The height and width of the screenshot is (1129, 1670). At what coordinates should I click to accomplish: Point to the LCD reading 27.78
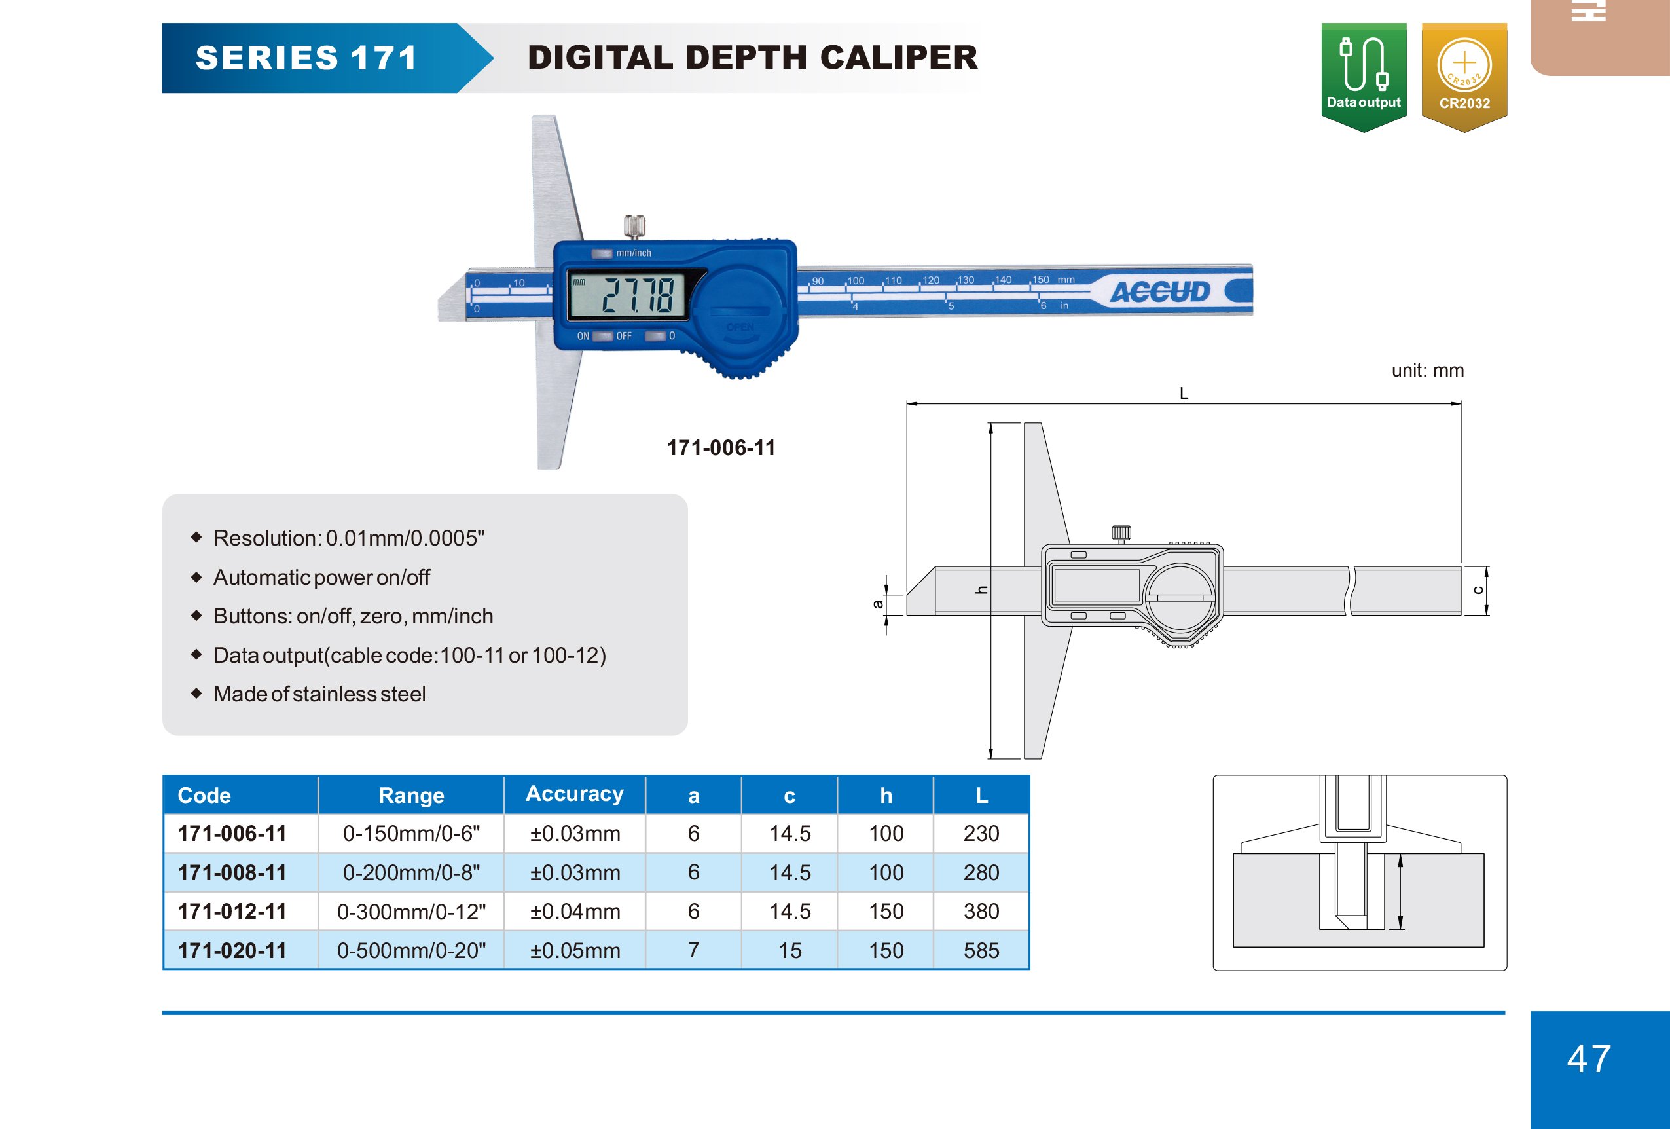[x=637, y=295]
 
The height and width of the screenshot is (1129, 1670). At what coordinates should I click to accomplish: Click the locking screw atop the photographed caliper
[x=634, y=227]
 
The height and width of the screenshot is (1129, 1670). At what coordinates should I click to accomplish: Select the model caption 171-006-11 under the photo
[x=721, y=448]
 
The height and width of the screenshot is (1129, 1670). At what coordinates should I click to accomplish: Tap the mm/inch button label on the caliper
[x=633, y=253]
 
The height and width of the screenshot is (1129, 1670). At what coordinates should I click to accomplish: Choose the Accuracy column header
[x=574, y=794]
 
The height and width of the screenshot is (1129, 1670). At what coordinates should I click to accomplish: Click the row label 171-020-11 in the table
[x=232, y=950]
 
